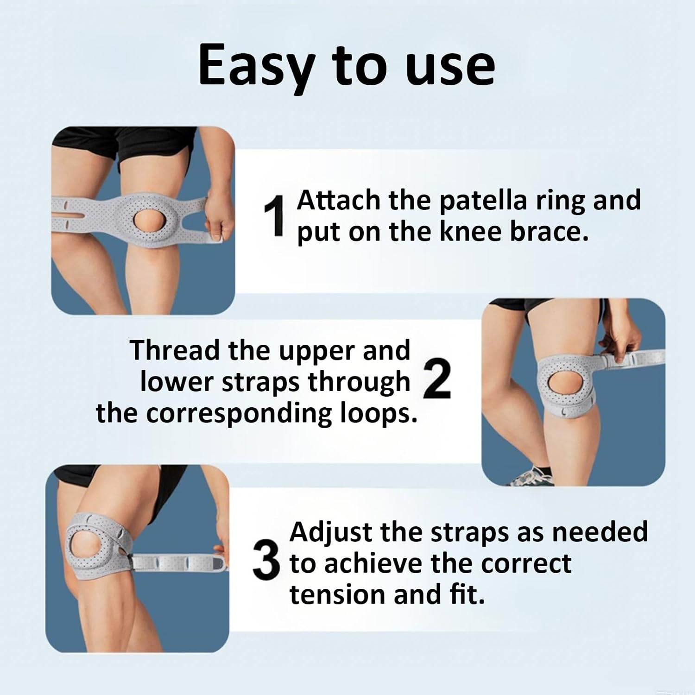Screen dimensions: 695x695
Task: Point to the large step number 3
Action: pyautogui.click(x=266, y=562)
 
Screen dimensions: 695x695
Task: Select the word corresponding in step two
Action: pyautogui.click(x=239, y=413)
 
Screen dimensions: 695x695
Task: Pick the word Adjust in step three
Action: pyautogui.click(x=331, y=533)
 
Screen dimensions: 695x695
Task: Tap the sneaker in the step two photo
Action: pyautogui.click(x=533, y=476)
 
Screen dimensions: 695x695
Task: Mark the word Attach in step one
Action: pyautogui.click(x=338, y=201)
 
